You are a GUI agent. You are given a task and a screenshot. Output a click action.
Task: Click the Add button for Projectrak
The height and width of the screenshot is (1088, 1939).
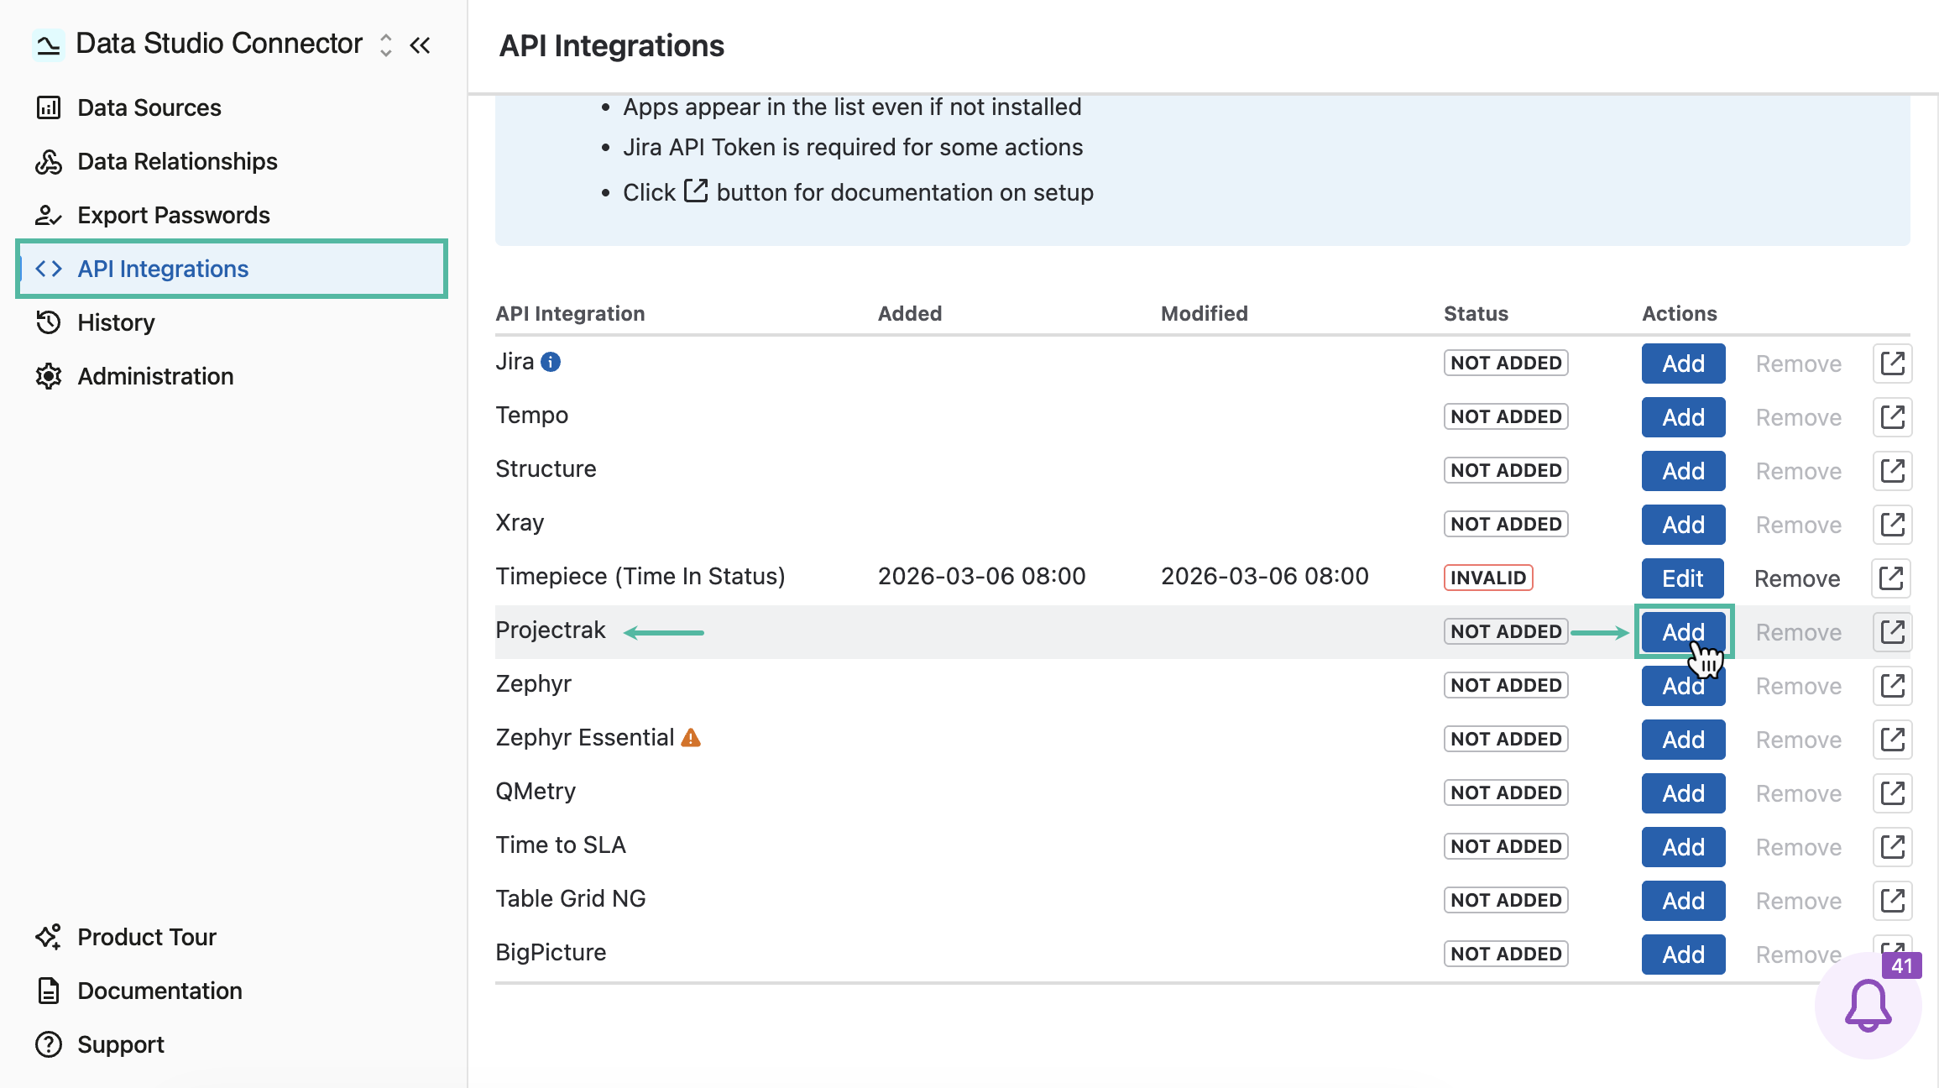click(1683, 631)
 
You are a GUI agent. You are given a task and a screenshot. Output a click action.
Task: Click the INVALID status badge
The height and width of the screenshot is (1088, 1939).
click(1488, 578)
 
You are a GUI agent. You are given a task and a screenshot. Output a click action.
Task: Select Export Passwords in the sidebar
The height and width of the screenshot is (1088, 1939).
click(152, 215)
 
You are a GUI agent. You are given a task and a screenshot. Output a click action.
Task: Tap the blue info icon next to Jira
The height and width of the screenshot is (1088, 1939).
click(551, 362)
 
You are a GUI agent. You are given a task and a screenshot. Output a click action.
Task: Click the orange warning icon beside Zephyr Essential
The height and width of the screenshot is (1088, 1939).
click(691, 738)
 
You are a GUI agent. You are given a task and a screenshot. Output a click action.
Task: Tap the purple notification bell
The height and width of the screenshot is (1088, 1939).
click(1868, 1006)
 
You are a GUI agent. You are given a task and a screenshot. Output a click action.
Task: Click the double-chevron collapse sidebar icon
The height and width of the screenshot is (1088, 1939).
click(420, 44)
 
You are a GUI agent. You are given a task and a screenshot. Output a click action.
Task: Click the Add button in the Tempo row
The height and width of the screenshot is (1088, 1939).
click(1683, 417)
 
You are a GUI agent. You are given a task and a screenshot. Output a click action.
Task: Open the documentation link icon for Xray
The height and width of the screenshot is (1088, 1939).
click(1892, 524)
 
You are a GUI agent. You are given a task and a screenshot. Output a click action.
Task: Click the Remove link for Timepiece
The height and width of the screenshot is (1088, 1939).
click(1797, 578)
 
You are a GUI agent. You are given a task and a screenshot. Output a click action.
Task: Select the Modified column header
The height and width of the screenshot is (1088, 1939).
click(1204, 313)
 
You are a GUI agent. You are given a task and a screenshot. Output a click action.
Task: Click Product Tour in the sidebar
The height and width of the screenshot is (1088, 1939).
click(125, 937)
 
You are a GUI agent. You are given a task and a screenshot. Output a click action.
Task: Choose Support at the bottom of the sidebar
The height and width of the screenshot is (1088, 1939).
click(99, 1044)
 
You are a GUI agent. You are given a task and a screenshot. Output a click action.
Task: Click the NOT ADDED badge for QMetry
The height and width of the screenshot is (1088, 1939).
click(1506, 792)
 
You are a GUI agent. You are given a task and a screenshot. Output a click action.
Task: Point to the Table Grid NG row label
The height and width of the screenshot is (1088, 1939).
click(571, 898)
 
